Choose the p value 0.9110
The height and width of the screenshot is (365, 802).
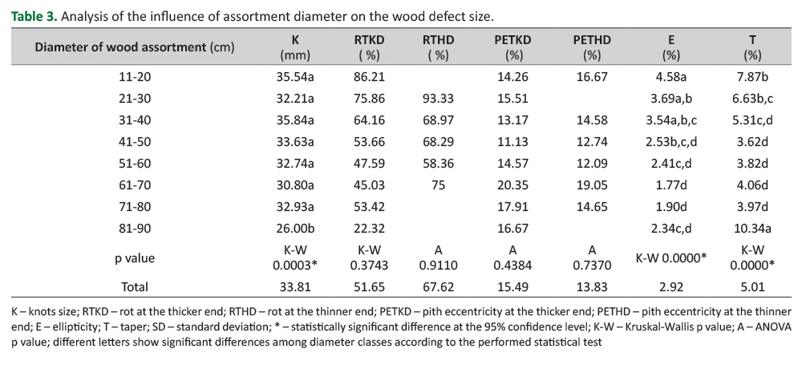pos(439,266)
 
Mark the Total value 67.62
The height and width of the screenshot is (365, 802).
pos(439,286)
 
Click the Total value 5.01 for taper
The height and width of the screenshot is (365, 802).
pos(751,286)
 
